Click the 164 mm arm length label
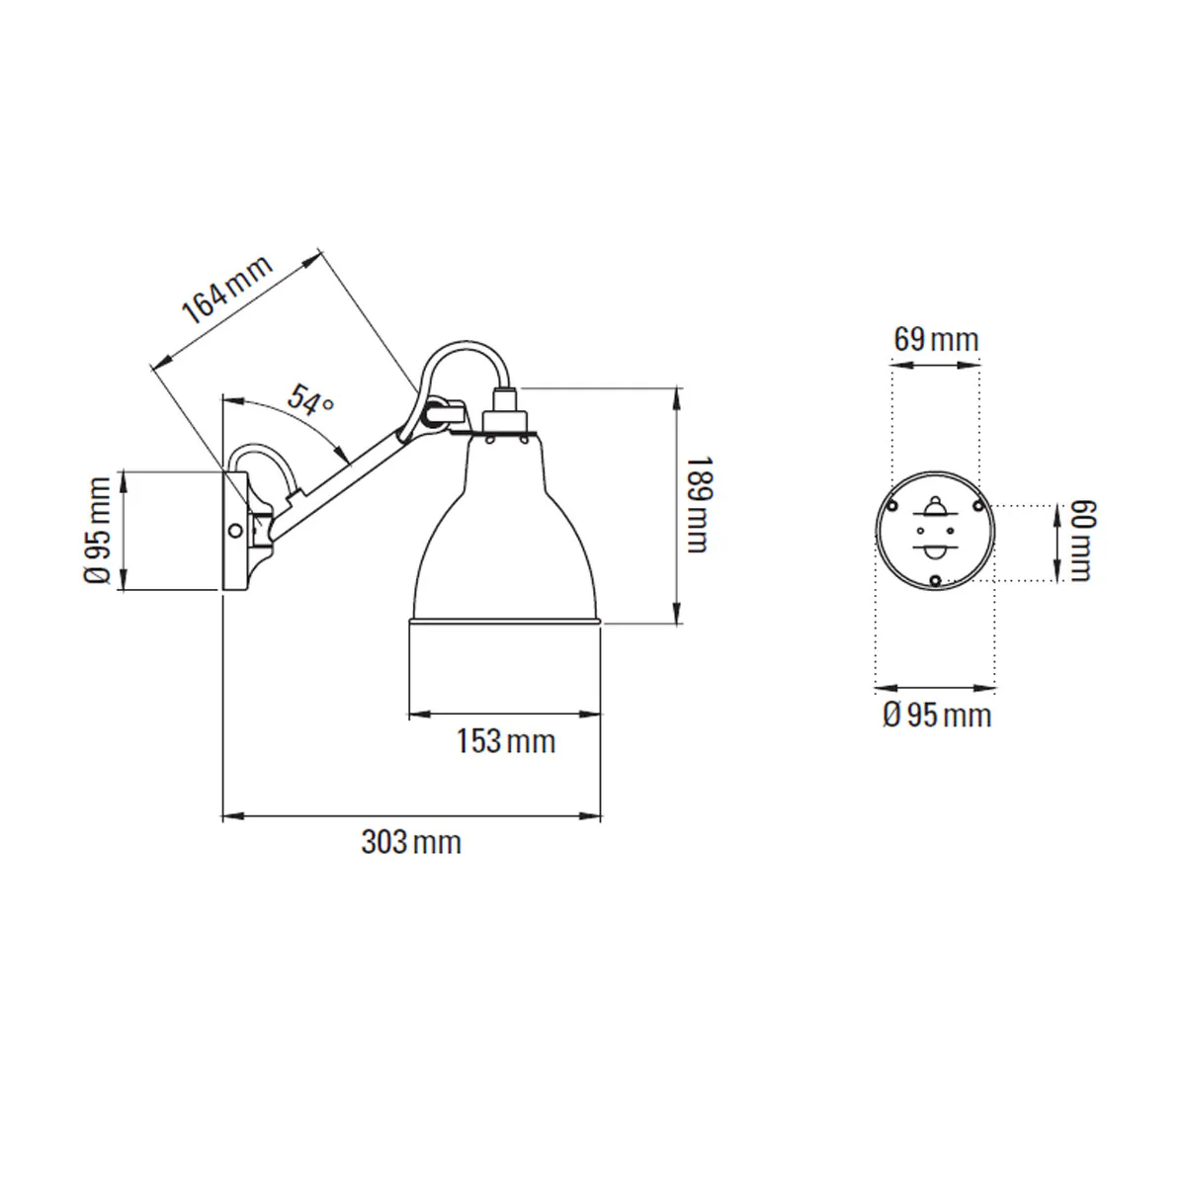point(226,290)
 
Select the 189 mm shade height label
point(698,505)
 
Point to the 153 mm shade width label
point(506,741)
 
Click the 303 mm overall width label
point(411,842)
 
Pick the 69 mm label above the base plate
point(936,340)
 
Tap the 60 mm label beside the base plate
point(1082,541)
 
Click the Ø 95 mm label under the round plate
point(937,716)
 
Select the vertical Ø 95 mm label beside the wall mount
point(97,530)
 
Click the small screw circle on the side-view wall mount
point(234,530)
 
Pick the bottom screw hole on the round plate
point(936,580)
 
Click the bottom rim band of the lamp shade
point(505,621)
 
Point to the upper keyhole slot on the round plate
point(936,508)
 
